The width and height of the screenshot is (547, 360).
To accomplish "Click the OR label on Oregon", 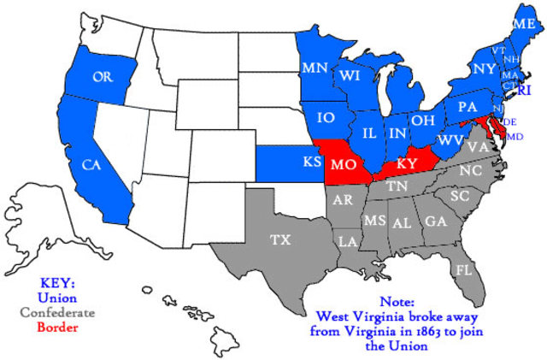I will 103,77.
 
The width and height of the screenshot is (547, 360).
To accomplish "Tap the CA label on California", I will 90,162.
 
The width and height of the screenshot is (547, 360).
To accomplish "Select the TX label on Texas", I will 280,239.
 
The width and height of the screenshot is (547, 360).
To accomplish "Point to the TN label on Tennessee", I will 395,186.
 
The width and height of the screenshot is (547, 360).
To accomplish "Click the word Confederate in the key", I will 57,313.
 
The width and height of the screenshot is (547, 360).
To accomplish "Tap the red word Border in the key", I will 57,327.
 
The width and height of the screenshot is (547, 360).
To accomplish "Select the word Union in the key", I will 57,298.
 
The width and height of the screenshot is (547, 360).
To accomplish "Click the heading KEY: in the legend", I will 57,283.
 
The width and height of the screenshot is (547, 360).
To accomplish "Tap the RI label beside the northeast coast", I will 525,89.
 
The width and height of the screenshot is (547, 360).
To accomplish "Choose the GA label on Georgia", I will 436,221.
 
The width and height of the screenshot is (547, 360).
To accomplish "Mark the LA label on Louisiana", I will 347,242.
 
